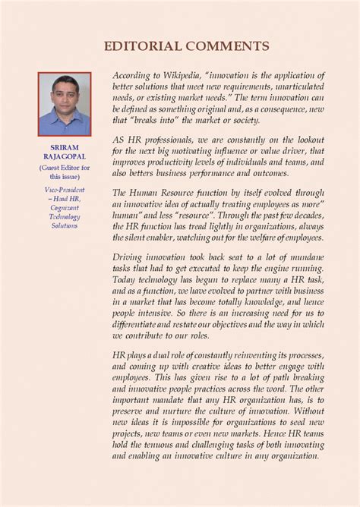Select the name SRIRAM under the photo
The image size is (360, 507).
tap(65, 150)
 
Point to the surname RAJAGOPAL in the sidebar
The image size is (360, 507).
tap(65, 159)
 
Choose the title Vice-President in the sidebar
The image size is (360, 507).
tap(65, 189)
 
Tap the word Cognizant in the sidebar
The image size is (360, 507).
tap(65, 207)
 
